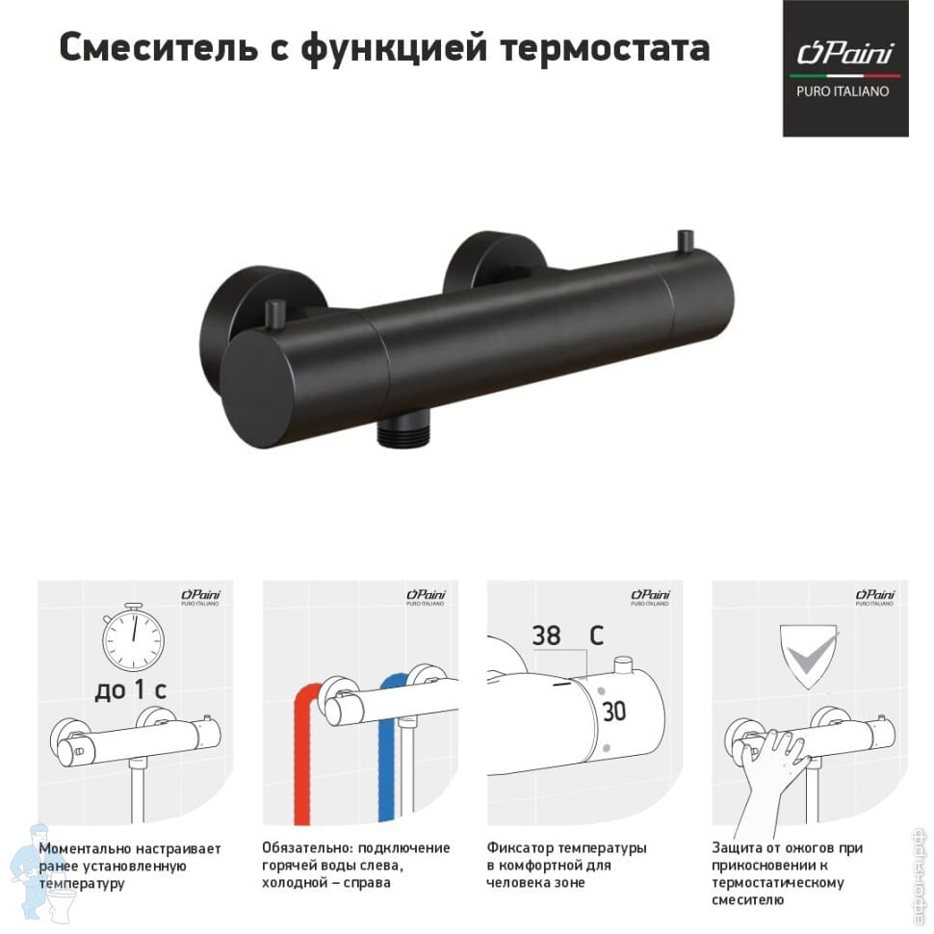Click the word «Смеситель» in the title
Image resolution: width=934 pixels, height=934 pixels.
159,47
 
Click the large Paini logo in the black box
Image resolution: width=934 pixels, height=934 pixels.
845,53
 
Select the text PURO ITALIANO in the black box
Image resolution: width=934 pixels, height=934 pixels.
843,91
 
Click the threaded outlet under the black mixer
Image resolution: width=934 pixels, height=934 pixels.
402,432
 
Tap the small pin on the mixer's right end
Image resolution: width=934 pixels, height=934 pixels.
686,241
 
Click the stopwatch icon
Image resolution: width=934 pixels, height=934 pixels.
133,638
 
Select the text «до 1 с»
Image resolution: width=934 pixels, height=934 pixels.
130,689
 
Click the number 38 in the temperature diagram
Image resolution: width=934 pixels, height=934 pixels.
546,636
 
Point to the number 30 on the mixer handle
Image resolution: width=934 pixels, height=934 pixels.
614,712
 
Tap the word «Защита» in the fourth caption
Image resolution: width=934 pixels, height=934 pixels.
739,848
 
